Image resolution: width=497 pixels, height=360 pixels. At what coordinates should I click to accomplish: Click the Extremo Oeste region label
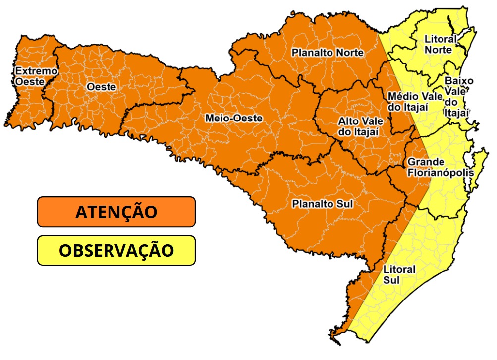[36, 76]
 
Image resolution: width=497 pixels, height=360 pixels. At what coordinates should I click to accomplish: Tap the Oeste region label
[101, 87]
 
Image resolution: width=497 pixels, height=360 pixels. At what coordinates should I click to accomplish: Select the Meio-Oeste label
[233, 119]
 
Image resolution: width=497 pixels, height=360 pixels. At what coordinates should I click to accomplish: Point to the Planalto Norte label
[327, 53]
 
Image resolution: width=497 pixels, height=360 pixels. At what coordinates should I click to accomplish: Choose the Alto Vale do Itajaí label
[358, 126]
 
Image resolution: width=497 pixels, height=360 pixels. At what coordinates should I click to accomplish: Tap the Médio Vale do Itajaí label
[408, 101]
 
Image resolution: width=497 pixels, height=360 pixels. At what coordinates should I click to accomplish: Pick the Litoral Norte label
[439, 44]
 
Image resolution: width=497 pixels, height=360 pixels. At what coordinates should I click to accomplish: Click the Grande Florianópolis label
[440, 167]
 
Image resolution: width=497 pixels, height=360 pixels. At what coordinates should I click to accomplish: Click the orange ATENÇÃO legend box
[116, 212]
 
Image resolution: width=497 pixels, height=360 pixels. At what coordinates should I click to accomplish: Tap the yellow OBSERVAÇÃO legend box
[116, 250]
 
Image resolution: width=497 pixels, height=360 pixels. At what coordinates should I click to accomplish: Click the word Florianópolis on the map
[440, 173]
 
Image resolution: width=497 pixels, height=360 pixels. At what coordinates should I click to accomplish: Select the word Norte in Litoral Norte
[439, 50]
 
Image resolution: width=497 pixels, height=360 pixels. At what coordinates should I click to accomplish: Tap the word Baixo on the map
[459, 81]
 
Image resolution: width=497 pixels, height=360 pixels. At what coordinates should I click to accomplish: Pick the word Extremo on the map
[36, 71]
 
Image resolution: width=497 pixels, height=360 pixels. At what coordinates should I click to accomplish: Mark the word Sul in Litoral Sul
[391, 280]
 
